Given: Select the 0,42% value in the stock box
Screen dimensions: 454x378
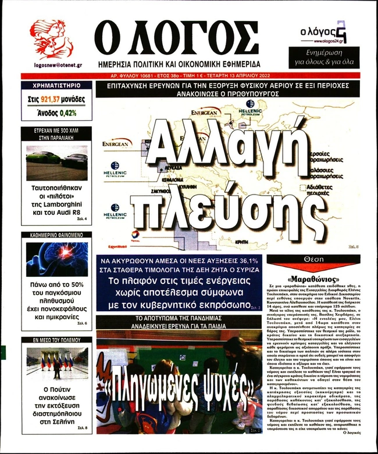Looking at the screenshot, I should click(67, 113).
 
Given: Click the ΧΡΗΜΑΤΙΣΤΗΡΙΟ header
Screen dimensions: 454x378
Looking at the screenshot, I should click(56, 86).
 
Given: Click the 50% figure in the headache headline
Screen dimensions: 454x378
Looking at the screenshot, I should click(76, 285).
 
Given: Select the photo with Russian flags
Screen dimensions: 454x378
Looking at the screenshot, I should click(56, 362).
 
